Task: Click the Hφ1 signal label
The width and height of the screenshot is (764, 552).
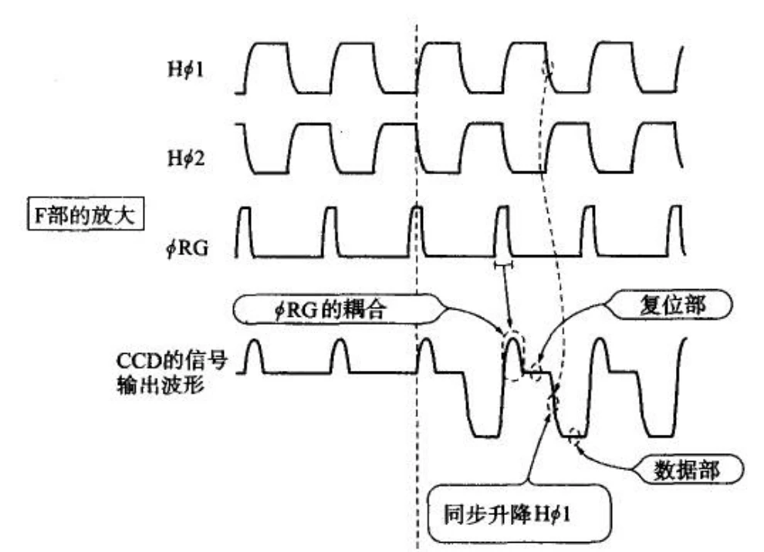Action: click(186, 70)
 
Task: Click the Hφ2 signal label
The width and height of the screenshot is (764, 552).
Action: click(186, 158)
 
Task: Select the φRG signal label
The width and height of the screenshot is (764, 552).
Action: click(187, 248)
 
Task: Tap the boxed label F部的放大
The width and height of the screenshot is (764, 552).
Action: click(85, 214)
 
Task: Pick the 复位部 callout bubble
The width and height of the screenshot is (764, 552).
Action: click(671, 305)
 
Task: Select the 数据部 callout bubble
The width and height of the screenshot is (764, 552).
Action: click(687, 470)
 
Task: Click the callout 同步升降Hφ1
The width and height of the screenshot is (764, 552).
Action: click(519, 513)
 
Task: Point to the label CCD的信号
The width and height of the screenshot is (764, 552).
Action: click(172, 361)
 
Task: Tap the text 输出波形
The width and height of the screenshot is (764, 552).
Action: click(161, 385)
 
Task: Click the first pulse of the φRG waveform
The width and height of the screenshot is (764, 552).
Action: click(245, 232)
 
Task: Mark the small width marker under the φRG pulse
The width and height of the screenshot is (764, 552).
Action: click(503, 265)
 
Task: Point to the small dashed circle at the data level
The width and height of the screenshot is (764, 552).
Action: click(574, 437)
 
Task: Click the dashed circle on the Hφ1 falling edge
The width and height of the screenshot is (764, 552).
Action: click(547, 68)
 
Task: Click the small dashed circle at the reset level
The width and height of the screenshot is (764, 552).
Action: click(536, 373)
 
